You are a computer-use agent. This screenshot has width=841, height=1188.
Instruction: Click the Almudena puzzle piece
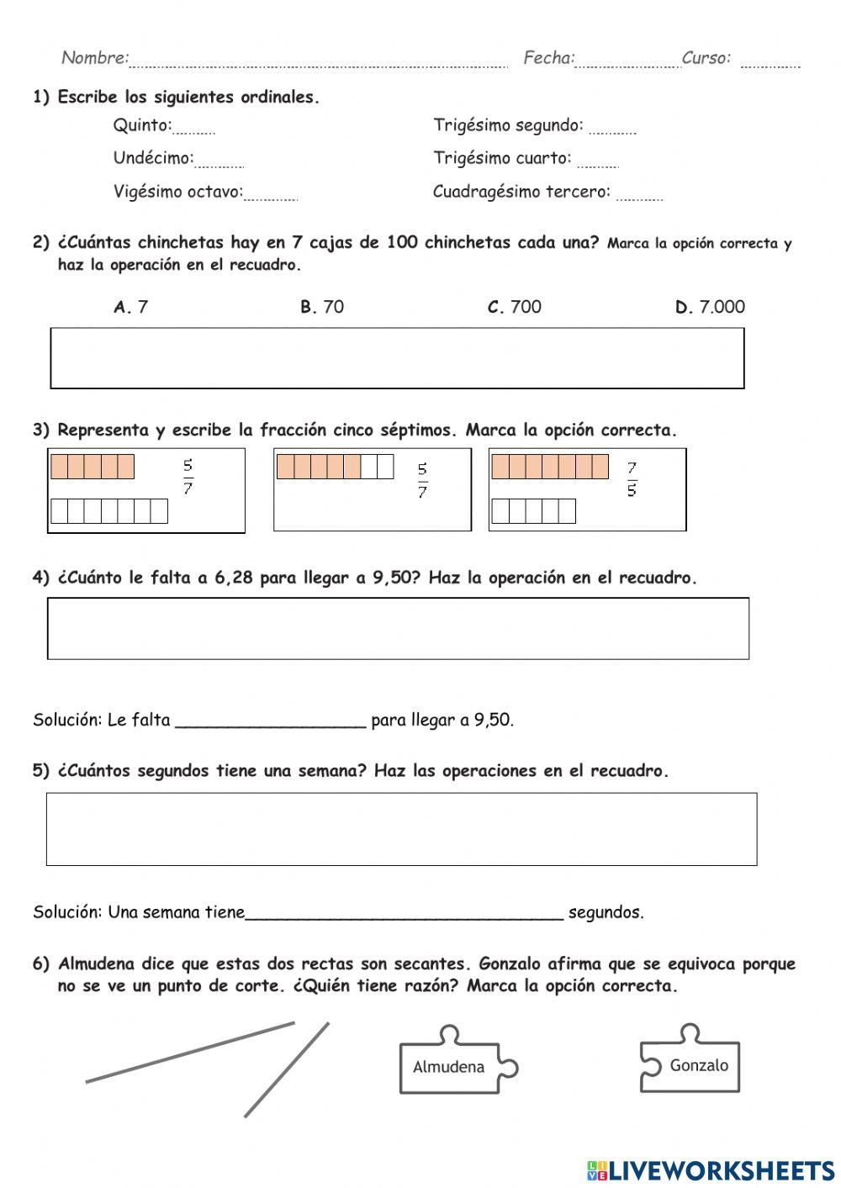449,1066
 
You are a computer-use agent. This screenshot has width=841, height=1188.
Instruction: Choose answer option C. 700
515,307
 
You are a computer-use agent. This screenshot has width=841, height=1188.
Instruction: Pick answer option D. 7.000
711,307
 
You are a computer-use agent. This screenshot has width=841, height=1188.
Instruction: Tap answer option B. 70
322,307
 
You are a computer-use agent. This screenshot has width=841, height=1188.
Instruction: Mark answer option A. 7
131,307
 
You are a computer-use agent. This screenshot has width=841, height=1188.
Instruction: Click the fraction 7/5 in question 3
632,478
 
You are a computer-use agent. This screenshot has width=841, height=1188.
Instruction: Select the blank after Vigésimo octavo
270,196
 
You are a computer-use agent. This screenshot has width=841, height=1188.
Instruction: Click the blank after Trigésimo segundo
612,129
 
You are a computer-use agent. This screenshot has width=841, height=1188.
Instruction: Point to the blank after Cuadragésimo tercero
639,196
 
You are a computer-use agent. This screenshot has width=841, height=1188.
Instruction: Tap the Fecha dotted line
627,62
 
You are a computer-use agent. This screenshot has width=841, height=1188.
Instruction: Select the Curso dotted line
770,62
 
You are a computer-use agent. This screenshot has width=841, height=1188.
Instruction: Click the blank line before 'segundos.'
404,916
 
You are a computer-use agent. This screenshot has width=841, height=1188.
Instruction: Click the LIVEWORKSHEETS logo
711,1170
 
